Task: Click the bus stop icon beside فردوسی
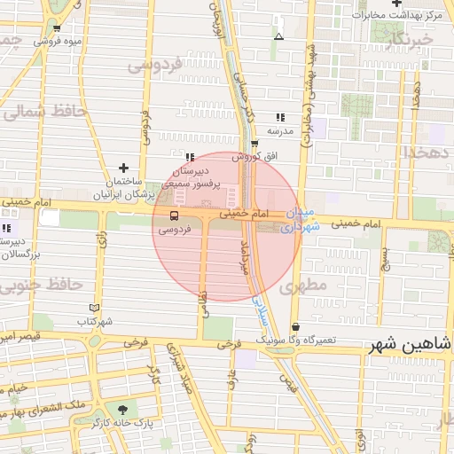(x=173, y=215)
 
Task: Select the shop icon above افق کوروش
(x=254, y=144)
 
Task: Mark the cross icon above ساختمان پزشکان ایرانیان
(x=123, y=168)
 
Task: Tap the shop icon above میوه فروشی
(x=57, y=27)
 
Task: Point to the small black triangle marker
(x=278, y=37)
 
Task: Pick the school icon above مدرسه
(x=280, y=117)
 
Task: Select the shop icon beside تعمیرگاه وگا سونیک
(x=295, y=327)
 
